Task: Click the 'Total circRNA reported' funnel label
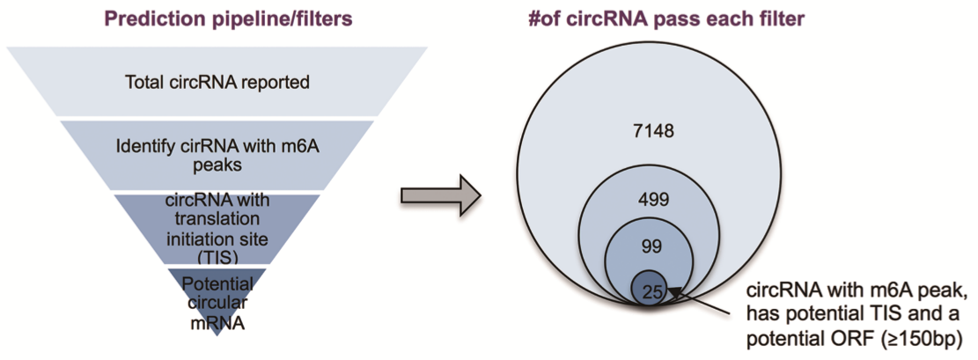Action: (217, 83)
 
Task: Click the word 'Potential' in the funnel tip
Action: (217, 285)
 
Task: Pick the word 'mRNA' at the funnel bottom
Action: (217, 322)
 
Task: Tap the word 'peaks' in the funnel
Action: (217, 166)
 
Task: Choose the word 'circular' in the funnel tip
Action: (217, 303)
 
